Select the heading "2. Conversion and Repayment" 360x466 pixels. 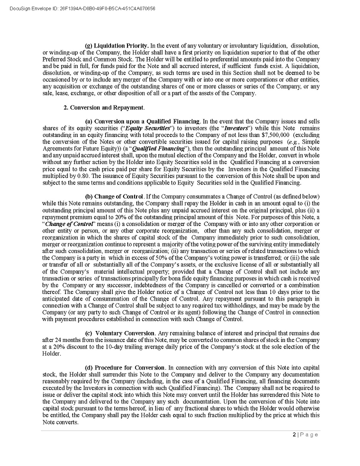pyautogui.click(x=104, y=107)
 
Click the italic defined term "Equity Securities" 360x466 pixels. pyautogui.click(x=148, y=128)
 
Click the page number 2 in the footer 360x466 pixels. pyautogui.click(x=294, y=434)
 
